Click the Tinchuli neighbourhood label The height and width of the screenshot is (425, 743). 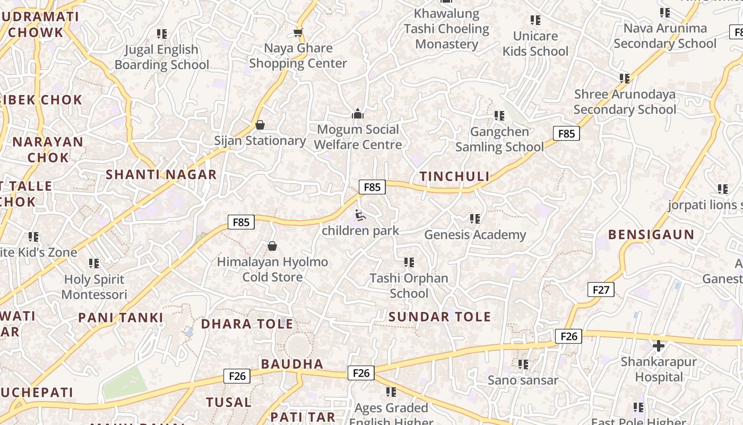click(454, 176)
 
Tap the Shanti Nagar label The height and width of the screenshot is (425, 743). click(161, 174)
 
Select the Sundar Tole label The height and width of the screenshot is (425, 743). click(440, 317)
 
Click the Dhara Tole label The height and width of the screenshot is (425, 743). click(247, 324)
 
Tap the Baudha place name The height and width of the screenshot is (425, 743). click(292, 364)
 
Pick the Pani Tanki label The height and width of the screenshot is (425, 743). click(121, 318)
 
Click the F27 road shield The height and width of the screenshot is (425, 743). click(601, 290)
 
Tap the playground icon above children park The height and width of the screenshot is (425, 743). click(360, 215)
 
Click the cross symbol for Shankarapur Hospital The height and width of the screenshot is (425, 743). click(659, 346)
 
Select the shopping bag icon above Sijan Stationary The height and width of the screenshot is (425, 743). click(260, 125)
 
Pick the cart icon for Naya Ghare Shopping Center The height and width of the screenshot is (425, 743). click(298, 32)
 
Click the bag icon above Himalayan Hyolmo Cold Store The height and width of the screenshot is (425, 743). click(272, 246)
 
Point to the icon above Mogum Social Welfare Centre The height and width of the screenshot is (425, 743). click(358, 114)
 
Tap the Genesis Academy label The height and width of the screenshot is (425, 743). click(475, 234)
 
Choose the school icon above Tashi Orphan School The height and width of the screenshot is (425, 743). click(409, 262)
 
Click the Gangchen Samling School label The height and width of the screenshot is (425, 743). click(499, 139)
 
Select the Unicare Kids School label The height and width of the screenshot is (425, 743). click(535, 44)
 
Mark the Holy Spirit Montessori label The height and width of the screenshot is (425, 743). click(94, 287)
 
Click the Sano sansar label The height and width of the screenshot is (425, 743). click(523, 380)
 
